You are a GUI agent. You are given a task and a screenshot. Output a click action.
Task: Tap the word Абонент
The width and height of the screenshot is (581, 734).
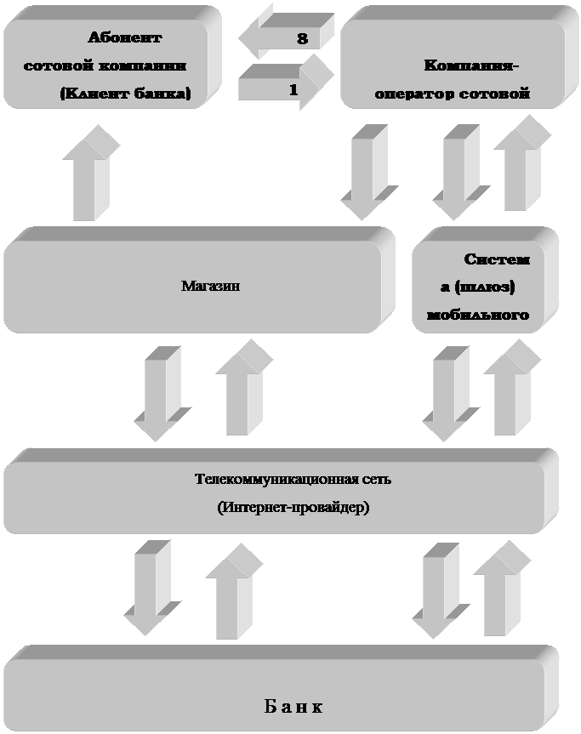[124, 37]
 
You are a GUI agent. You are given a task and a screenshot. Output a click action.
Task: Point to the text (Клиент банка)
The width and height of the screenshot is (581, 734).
[125, 94]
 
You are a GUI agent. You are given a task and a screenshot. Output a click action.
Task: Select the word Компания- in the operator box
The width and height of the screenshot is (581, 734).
[471, 65]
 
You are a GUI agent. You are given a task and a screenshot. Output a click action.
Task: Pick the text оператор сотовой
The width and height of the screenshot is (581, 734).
[453, 94]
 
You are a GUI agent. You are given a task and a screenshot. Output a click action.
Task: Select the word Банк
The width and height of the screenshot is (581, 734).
[293, 707]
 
